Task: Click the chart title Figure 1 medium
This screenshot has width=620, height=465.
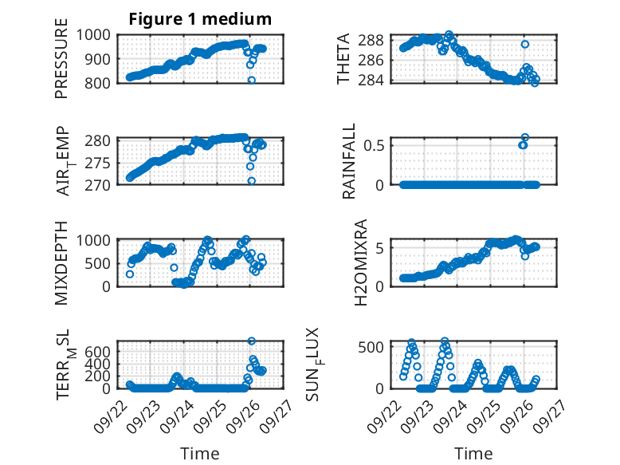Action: [x=200, y=19]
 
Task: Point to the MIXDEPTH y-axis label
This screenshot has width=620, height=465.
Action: [x=62, y=262]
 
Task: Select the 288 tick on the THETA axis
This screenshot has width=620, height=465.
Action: [x=376, y=40]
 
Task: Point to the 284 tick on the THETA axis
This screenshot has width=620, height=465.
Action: [x=376, y=80]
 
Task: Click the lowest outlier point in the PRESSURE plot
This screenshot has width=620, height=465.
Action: [x=252, y=80]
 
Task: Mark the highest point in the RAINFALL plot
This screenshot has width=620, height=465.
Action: [x=524, y=137]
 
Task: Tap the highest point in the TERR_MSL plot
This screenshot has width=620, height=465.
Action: [x=252, y=341]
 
